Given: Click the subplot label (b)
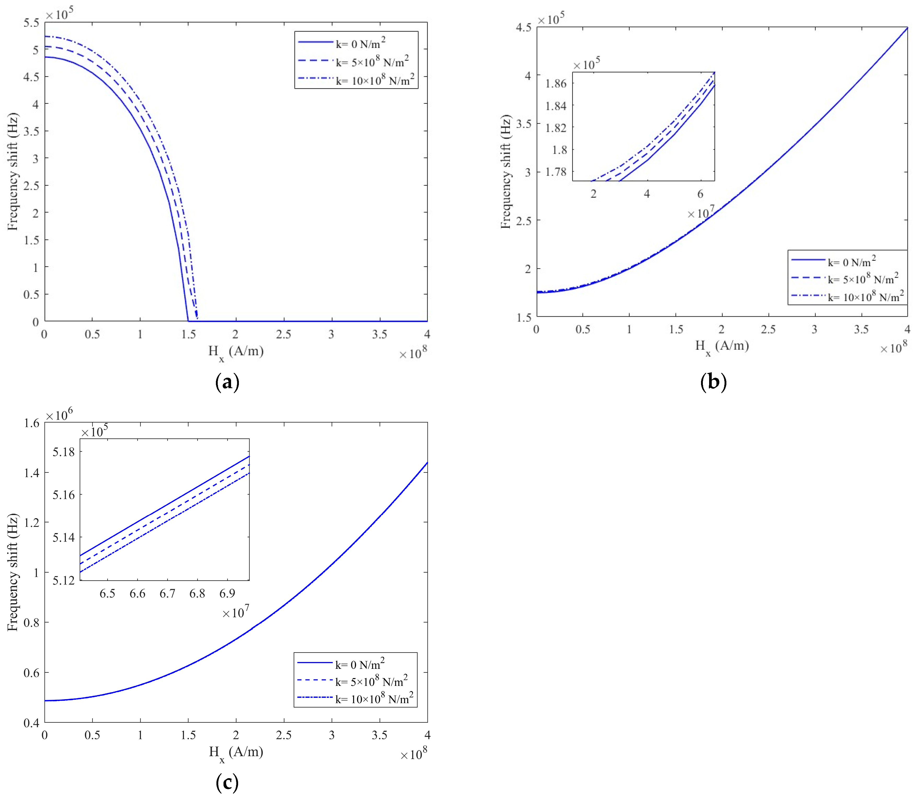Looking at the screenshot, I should tap(713, 382).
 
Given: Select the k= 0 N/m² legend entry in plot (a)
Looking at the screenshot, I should tap(360, 44).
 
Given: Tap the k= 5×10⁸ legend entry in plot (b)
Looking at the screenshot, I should tap(862, 279).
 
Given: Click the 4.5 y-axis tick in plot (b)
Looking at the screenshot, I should tap(523, 27).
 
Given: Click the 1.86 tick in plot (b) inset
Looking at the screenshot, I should tap(556, 84).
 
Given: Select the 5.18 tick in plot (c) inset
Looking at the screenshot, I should tap(64, 452).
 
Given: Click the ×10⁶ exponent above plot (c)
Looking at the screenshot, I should tap(59, 415).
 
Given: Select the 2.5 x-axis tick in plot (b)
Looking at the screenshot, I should tap(768, 330).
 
